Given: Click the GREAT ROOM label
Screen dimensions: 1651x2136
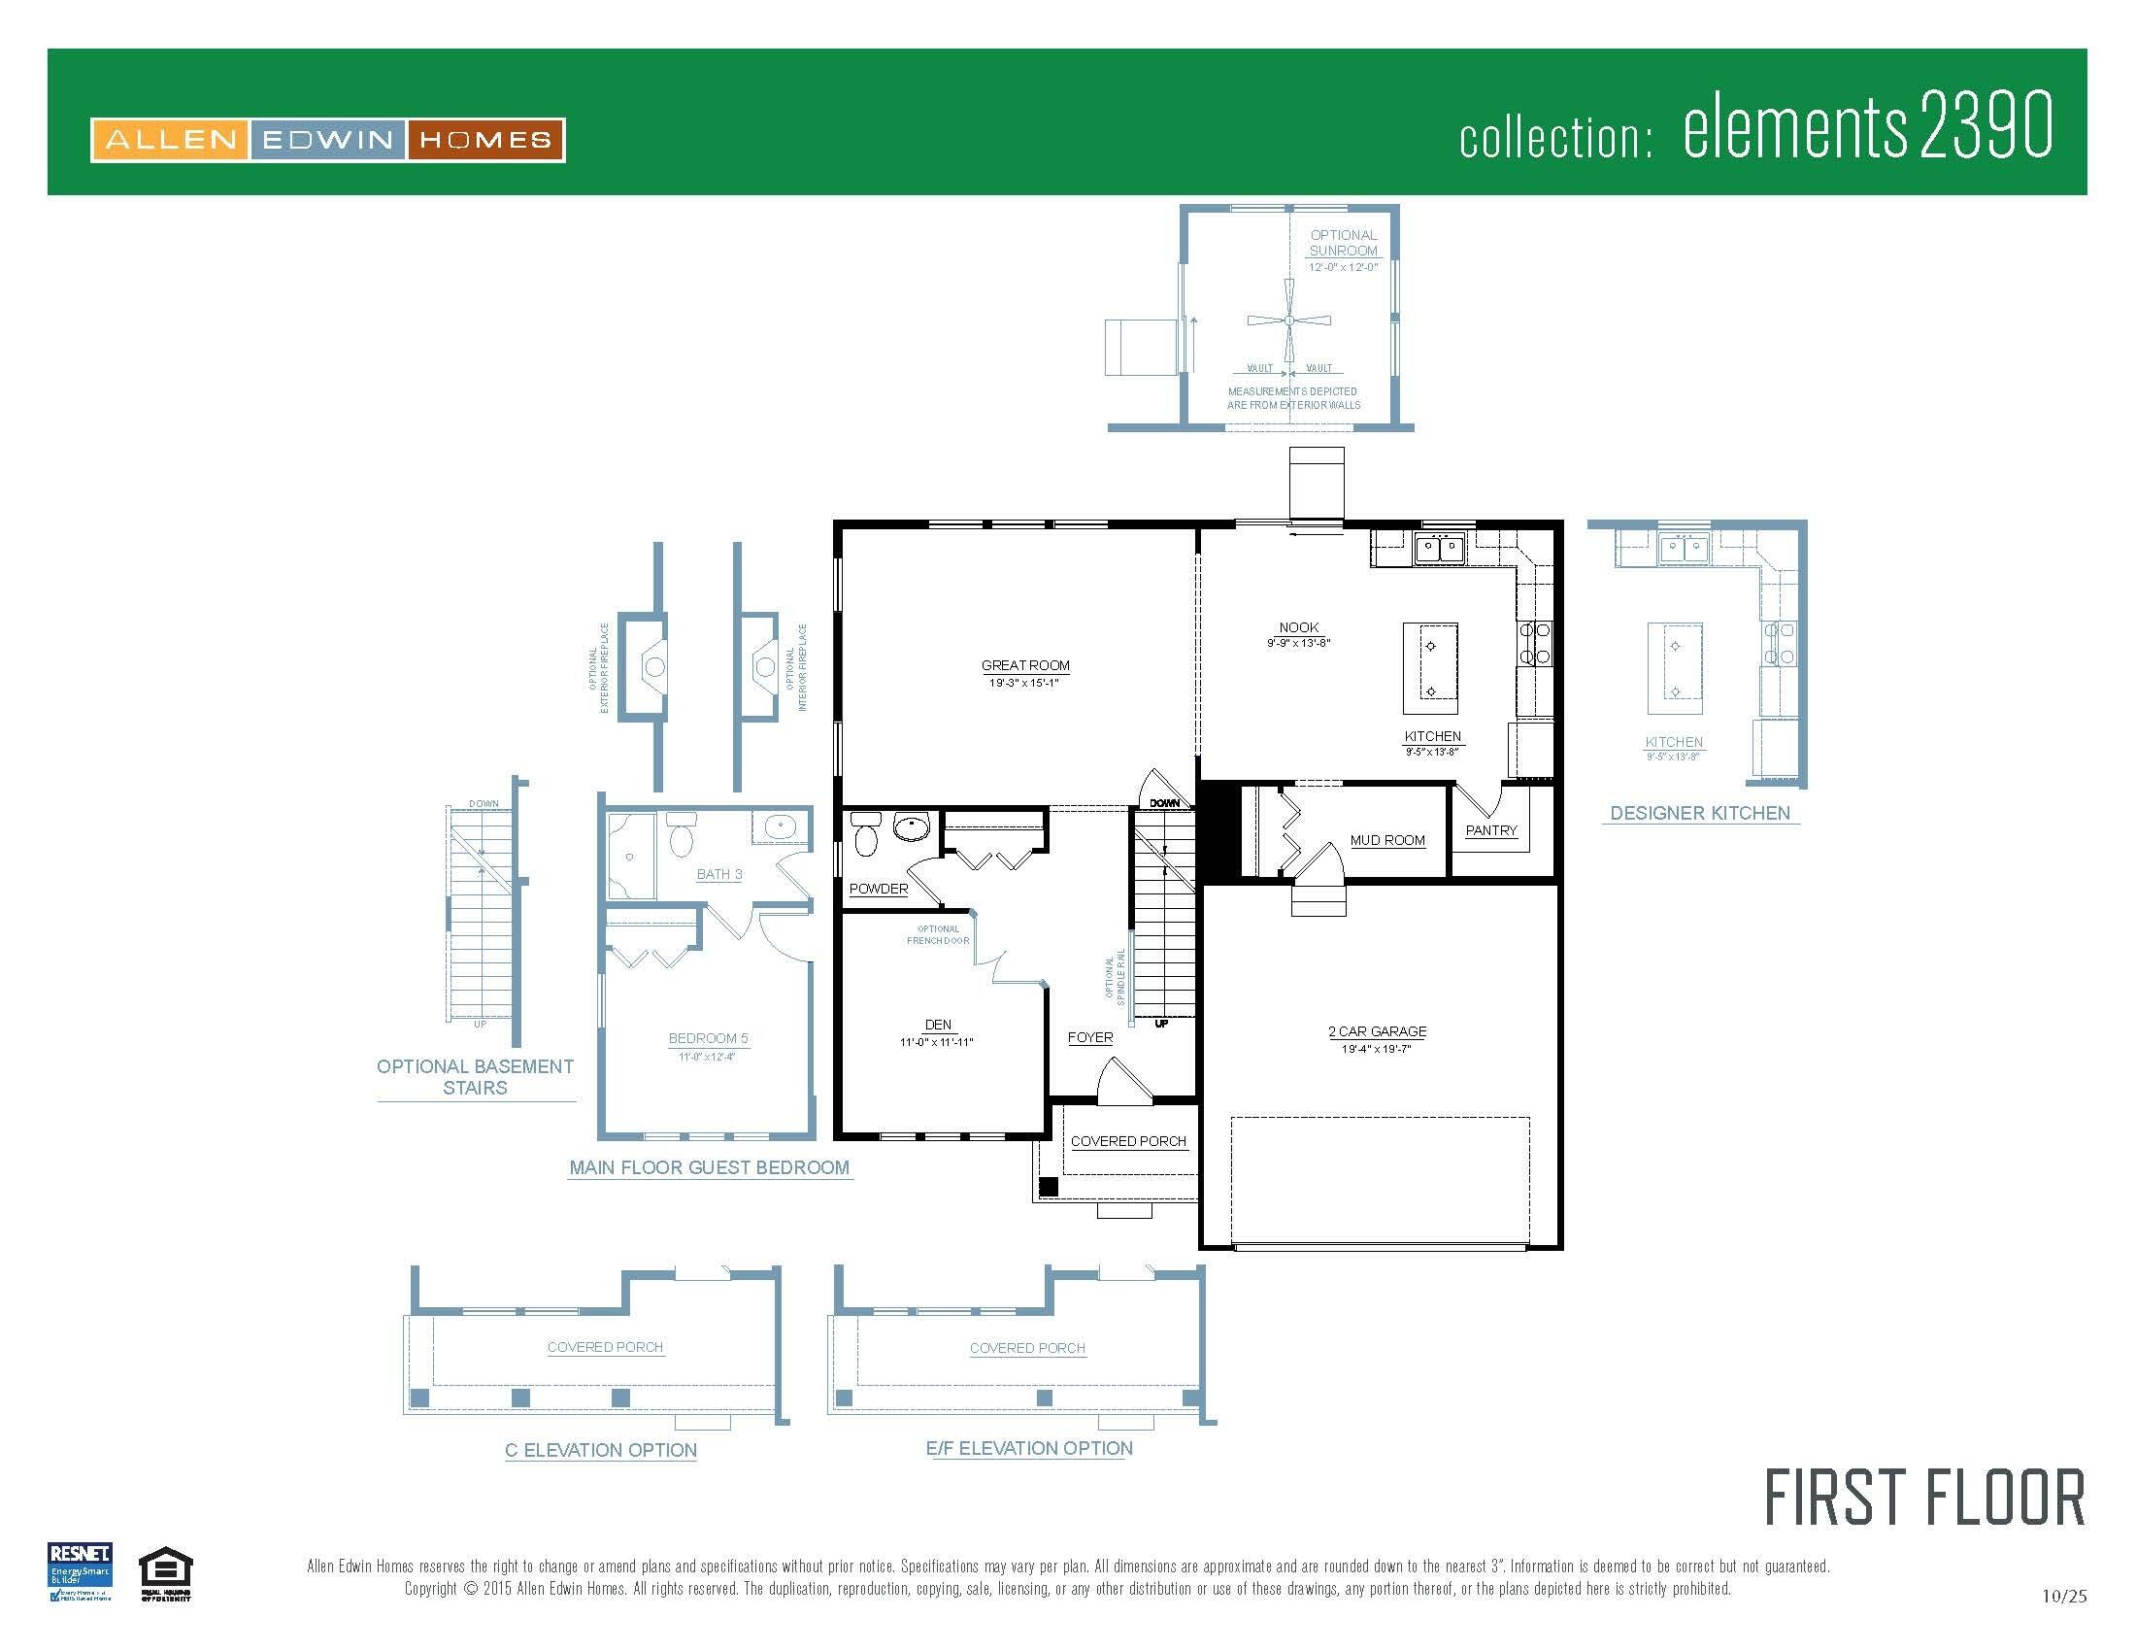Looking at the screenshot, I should point(1025,665).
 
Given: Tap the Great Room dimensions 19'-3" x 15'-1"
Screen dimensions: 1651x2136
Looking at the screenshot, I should point(1024,683).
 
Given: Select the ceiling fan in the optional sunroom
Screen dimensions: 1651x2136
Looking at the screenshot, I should point(1289,320).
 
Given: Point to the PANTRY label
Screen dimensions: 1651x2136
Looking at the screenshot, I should point(1490,830).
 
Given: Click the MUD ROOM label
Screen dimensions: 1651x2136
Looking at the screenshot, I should point(1386,840).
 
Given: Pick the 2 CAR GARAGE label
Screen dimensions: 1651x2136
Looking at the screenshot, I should point(1376,1030).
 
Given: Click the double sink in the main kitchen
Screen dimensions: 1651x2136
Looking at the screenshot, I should point(1439,549).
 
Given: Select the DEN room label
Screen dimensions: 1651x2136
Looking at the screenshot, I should point(938,1024).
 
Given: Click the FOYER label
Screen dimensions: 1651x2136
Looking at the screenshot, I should point(1089,1038).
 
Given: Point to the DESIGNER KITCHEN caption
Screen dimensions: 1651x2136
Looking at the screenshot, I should point(1700,813).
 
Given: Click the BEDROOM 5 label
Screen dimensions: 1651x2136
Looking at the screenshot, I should point(708,1038).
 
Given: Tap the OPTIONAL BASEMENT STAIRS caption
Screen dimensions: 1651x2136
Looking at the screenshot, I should point(476,1077).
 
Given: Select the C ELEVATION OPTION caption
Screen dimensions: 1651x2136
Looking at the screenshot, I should point(600,1450).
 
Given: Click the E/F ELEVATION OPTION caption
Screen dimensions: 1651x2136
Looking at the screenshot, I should point(1029,1448).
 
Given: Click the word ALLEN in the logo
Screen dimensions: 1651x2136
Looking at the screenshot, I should point(171,140).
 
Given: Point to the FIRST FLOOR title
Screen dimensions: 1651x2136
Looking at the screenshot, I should point(1923,1499).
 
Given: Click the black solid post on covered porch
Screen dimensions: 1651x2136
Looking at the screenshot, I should point(1048,1187).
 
